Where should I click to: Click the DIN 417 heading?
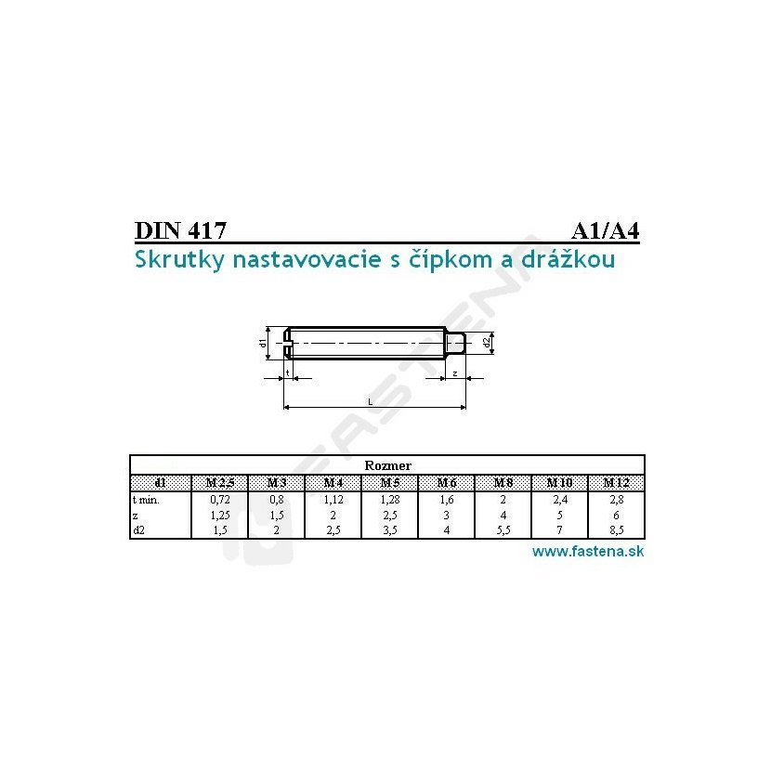(x=180, y=230)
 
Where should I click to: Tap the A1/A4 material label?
(x=606, y=230)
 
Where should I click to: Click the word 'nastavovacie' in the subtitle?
(x=307, y=259)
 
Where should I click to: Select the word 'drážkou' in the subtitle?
(x=568, y=258)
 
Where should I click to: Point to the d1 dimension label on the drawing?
(x=263, y=343)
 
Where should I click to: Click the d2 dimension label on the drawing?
(x=487, y=343)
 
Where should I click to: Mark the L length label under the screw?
(x=371, y=401)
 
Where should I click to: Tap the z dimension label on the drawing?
(x=455, y=373)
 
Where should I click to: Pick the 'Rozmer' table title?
(x=387, y=465)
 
